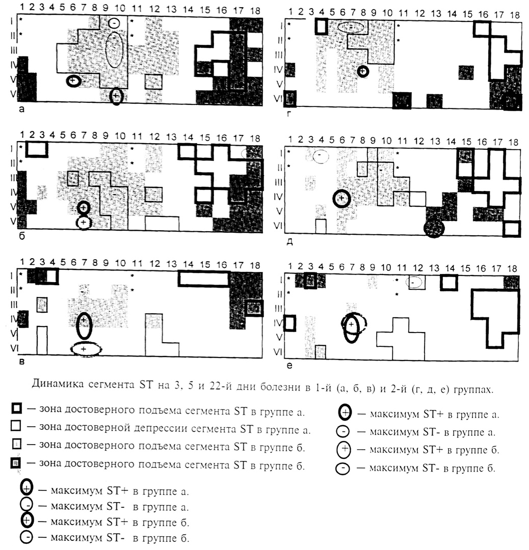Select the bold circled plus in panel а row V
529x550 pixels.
tap(73, 80)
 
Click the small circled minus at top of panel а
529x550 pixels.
tap(115, 23)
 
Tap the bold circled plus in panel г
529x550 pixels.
tap(362, 71)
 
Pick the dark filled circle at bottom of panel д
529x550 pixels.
tap(434, 229)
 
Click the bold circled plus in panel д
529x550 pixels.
tap(341, 198)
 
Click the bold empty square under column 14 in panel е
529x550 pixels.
tap(449, 282)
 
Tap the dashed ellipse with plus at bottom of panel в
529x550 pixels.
tap(85, 349)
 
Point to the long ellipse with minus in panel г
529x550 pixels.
tap(352, 27)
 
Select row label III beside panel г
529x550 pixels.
tap(279, 54)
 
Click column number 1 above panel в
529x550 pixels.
tap(22, 262)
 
